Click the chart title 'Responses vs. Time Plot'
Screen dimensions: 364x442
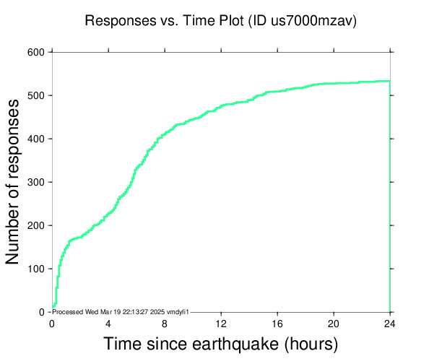[165, 20]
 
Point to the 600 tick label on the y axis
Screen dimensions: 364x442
[36, 53]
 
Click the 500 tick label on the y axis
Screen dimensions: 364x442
[36, 96]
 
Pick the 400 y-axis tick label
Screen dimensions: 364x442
[36, 139]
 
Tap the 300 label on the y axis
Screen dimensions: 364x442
[36, 183]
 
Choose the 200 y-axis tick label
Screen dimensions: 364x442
[36, 226]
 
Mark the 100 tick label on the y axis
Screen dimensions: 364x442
[36, 269]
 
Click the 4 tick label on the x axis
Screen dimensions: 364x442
[108, 324]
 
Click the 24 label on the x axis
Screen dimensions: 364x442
[390, 324]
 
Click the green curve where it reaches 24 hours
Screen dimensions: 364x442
[389, 82]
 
